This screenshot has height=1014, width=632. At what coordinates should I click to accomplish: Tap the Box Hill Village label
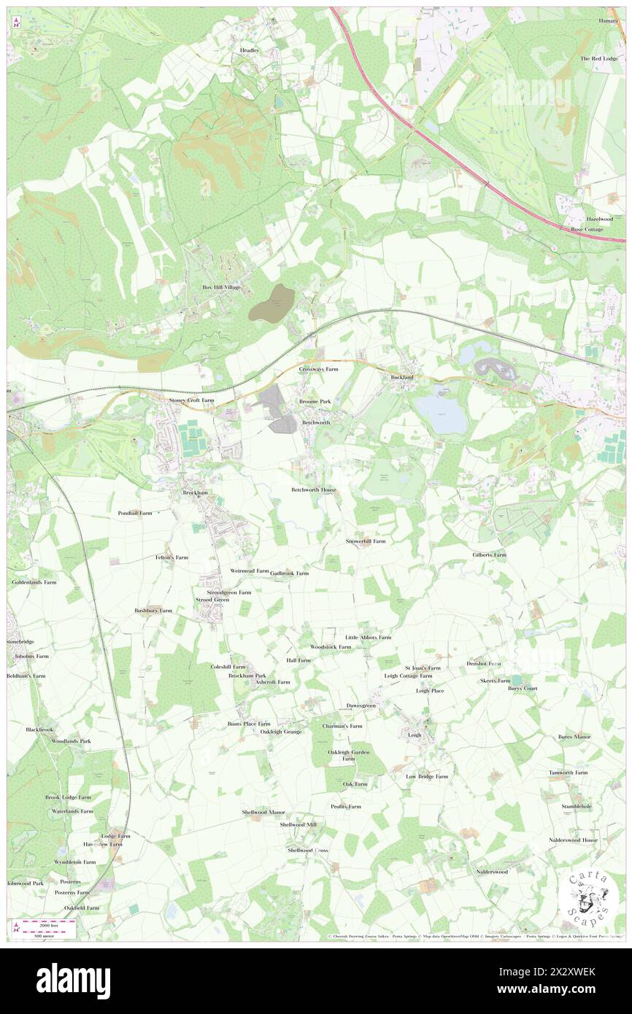click(x=221, y=287)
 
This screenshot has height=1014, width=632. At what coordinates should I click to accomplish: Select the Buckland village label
click(x=402, y=376)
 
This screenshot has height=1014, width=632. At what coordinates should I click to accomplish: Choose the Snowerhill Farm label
click(x=365, y=541)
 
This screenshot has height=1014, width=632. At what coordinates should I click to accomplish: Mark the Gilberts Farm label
click(x=489, y=555)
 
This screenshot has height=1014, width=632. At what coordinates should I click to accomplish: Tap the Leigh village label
click(x=415, y=735)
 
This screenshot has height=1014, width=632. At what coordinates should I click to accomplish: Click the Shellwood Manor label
click(x=263, y=812)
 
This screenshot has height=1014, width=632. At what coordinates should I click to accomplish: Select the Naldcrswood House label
click(x=573, y=840)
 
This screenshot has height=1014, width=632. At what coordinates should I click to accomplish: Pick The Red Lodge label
click(x=598, y=58)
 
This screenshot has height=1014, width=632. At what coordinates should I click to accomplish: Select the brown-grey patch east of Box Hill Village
click(x=271, y=303)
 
